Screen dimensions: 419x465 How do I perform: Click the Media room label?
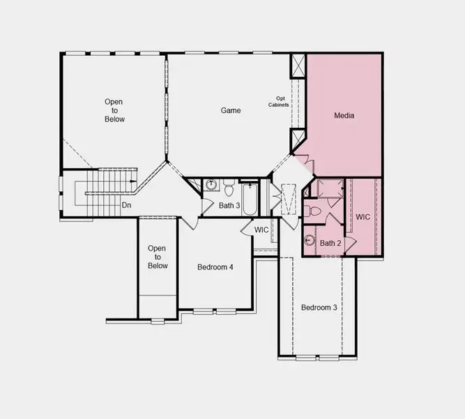[344, 115]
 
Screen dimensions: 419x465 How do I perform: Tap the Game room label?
[231, 110]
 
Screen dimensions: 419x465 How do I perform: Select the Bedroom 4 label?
[215, 267]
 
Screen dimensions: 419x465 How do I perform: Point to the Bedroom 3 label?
[319, 308]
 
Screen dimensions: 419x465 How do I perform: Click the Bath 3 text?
[229, 205]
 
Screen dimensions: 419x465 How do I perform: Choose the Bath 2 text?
[330, 243]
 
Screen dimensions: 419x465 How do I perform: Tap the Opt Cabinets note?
[278, 102]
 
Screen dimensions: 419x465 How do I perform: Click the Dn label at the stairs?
[126, 205]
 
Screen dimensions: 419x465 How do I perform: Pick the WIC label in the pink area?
[363, 217]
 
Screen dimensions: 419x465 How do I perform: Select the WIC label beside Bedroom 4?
[261, 229]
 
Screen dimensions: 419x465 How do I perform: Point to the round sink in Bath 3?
[211, 185]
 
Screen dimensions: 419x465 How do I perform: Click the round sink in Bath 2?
[310, 241]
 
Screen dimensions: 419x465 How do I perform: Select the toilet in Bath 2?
[315, 211]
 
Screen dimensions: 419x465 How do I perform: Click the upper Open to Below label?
[114, 110]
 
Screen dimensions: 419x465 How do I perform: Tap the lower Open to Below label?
[158, 257]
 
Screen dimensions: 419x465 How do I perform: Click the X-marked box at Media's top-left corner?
[298, 66]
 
